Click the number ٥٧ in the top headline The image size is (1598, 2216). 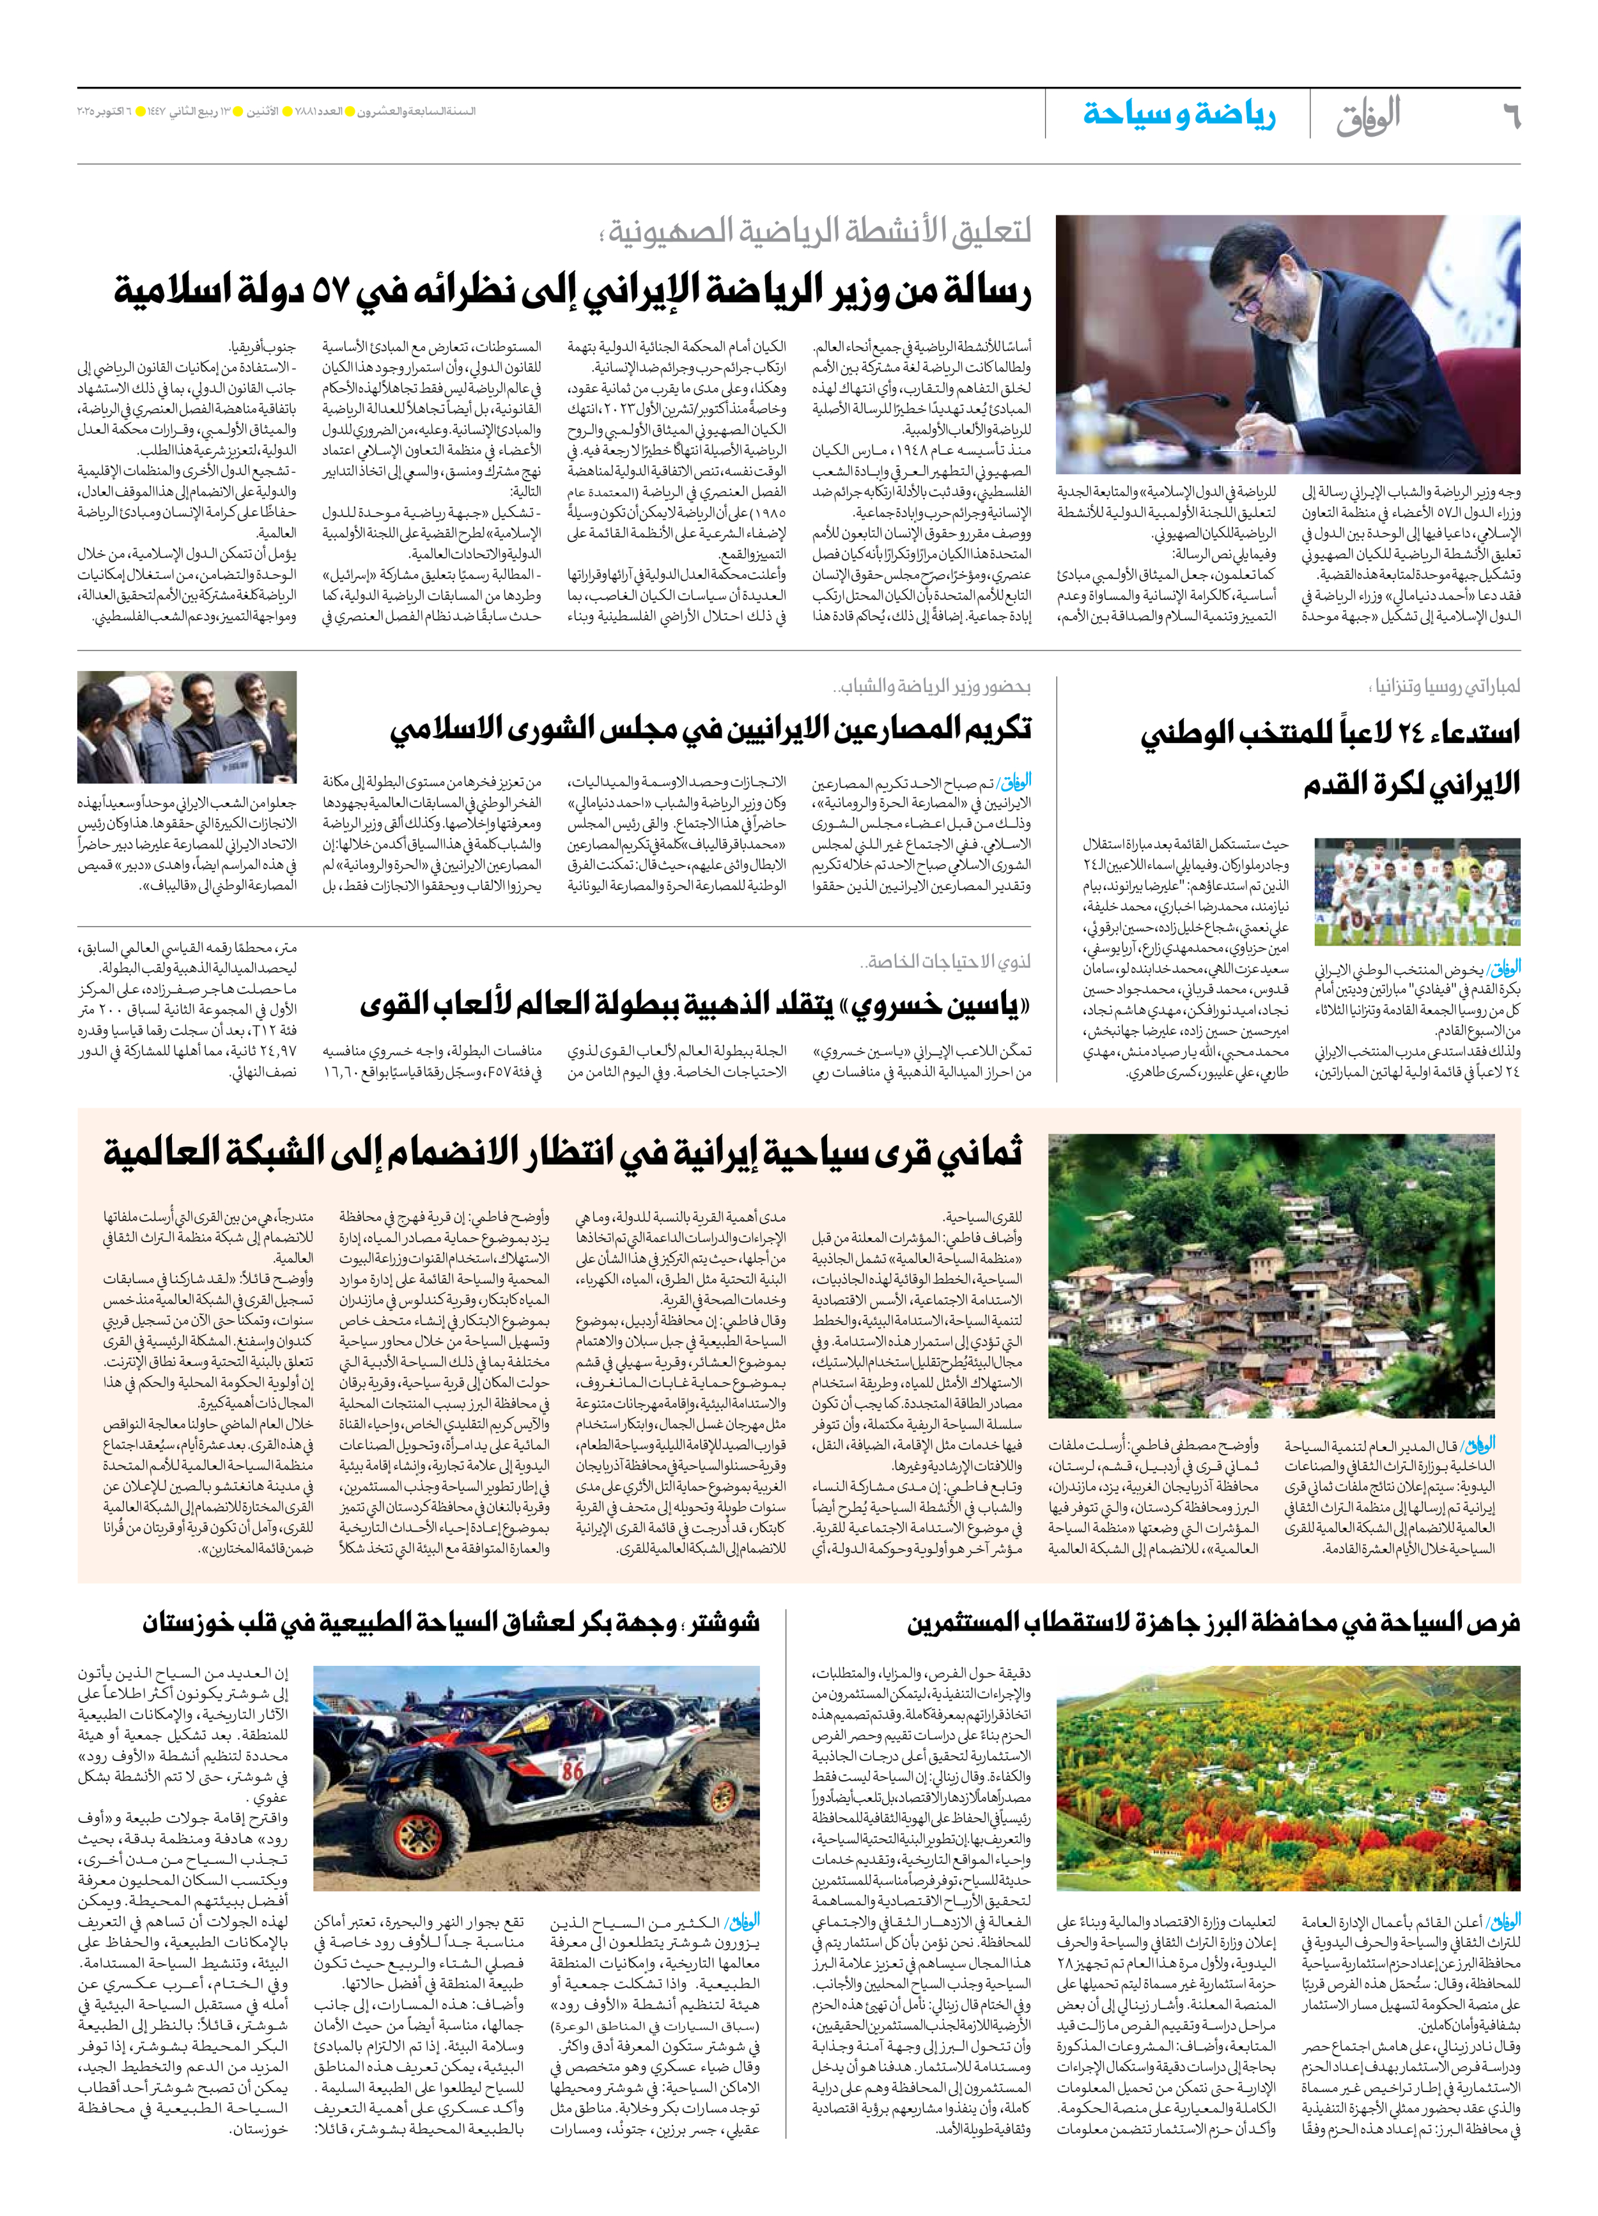334,290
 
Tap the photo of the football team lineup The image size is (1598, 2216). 1416,891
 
